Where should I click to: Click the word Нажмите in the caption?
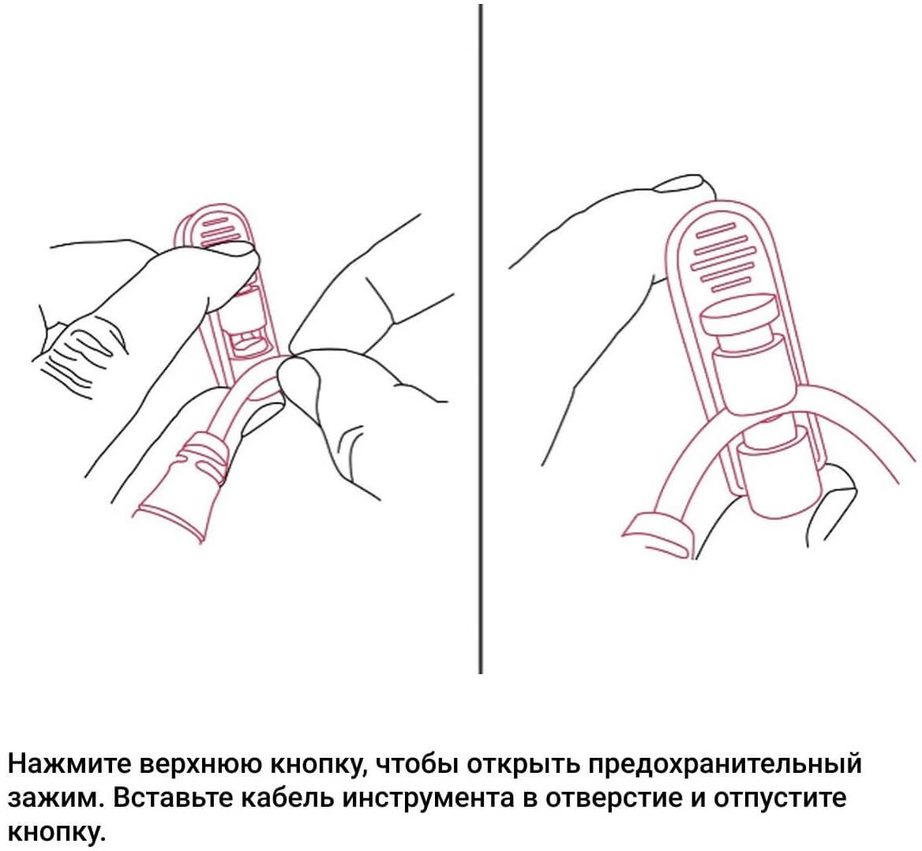(69, 764)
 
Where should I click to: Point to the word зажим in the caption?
(51, 799)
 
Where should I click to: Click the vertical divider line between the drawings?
(481, 338)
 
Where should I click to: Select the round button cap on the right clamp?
(737, 317)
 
